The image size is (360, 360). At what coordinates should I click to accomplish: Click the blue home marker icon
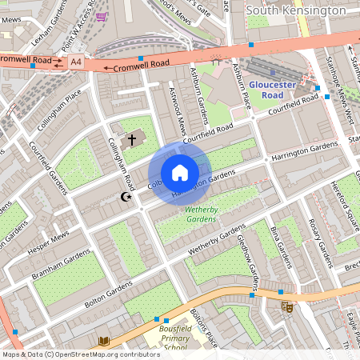[x=180, y=173]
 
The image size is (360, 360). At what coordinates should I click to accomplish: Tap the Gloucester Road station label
[x=273, y=89]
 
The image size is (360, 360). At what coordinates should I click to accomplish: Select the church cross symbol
[x=132, y=138]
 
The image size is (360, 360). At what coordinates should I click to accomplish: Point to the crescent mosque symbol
[x=125, y=196]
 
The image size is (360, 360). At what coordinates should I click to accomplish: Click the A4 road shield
[x=75, y=61]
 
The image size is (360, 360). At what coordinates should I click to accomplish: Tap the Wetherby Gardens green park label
[x=200, y=214]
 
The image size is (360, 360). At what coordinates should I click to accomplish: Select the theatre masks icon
[x=286, y=306]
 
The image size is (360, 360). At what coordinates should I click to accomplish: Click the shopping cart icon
[x=100, y=15]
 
